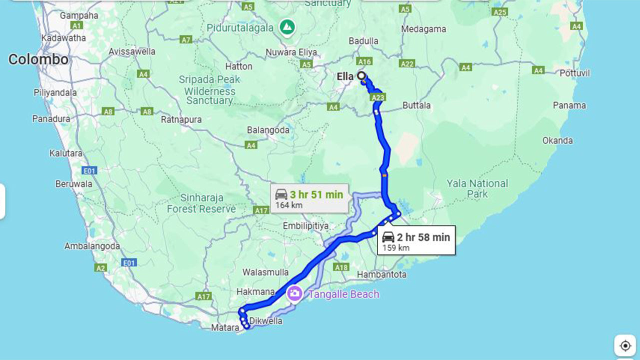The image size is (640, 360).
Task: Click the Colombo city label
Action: click(38, 59)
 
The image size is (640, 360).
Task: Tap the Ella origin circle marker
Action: click(361, 76)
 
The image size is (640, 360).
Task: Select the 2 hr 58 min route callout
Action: click(416, 241)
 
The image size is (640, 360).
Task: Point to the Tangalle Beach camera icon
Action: click(294, 293)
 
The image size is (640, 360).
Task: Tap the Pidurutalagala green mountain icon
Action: click(287, 26)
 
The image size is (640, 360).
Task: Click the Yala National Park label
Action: click(477, 188)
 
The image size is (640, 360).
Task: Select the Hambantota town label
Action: click(381, 274)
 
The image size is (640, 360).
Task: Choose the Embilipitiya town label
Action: click(305, 226)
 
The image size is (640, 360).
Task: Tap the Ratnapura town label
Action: click(181, 119)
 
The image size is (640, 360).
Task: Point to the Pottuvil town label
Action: click(574, 73)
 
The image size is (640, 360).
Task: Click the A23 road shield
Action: click(378, 98)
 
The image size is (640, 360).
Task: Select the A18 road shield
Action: click(341, 267)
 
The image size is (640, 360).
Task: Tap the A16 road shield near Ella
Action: click(364, 61)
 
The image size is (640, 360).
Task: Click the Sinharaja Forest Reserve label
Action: click(201, 203)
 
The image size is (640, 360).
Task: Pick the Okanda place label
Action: click(557, 140)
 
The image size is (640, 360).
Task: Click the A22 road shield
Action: click(407, 63)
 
